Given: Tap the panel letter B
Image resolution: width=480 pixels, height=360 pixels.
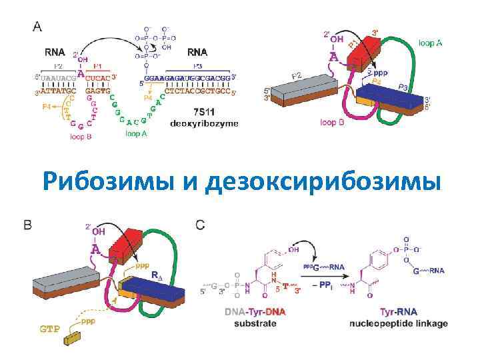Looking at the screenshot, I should [x=28, y=225].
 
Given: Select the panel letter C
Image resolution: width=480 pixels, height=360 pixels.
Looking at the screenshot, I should [x=200, y=225].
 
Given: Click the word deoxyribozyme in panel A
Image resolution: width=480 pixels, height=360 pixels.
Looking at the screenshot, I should [x=204, y=123].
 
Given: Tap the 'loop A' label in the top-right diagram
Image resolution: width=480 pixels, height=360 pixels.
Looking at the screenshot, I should [x=430, y=43].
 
